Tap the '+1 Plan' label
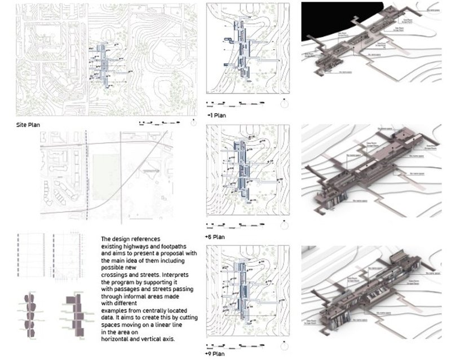[218, 115]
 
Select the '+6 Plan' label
[216, 237]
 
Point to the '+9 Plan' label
[216, 354]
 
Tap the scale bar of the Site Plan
[161, 122]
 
